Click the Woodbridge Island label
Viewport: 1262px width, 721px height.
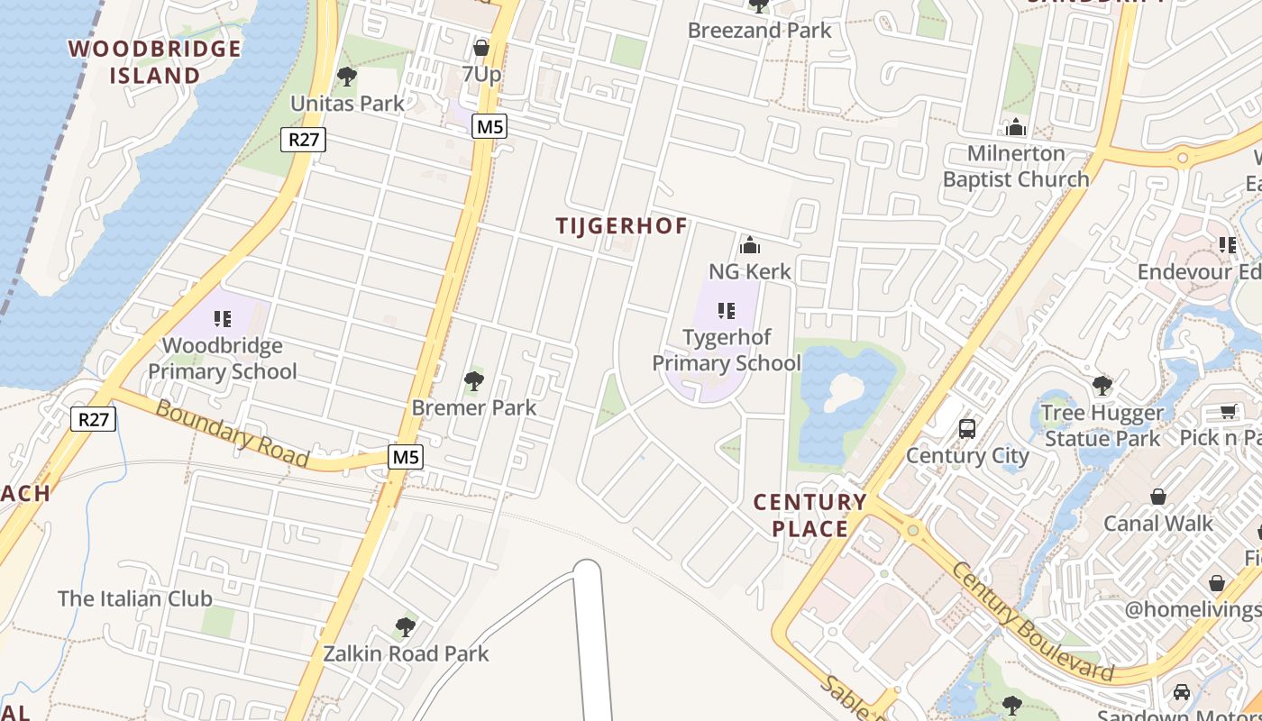coord(154,61)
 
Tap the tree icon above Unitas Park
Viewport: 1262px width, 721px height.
coord(346,77)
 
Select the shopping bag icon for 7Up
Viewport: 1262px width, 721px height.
coord(481,47)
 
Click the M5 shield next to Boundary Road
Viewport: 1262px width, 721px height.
coord(406,457)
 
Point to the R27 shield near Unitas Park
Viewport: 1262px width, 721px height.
coord(302,140)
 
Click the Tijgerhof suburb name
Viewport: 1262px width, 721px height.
coord(621,226)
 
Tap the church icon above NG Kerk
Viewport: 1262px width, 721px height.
coord(749,244)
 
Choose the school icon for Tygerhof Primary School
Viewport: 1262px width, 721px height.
coord(726,311)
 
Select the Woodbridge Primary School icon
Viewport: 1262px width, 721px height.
coord(222,318)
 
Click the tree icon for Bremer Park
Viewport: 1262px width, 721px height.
coord(473,381)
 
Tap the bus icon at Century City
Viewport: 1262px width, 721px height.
coord(967,428)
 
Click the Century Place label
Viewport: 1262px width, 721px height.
coord(809,515)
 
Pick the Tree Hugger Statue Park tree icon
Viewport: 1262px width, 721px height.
coord(1101,386)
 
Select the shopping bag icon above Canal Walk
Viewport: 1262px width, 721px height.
coord(1158,497)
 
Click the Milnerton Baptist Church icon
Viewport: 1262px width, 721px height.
coord(1016,127)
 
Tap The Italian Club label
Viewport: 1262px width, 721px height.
coord(135,598)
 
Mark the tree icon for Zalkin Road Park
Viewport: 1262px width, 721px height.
coord(406,626)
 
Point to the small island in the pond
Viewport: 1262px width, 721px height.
coord(844,388)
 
